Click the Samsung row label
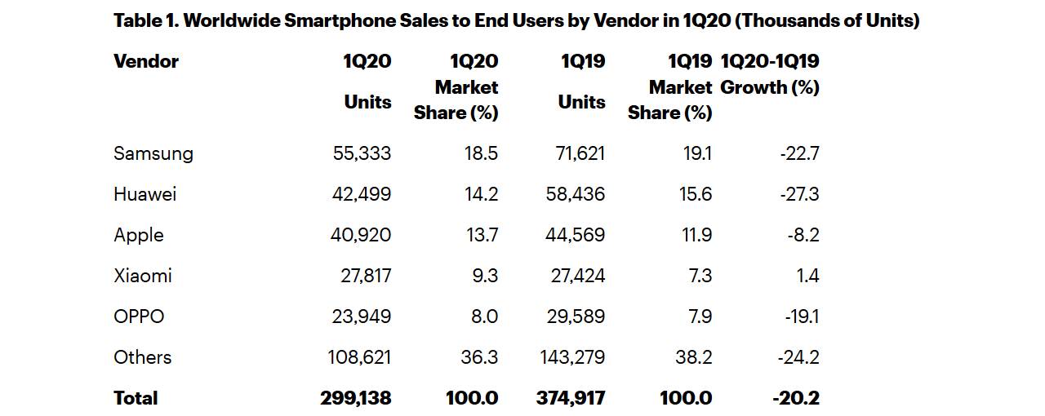coord(153,153)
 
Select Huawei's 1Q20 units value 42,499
coord(362,194)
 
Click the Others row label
coord(143,357)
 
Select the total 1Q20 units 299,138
coord(356,398)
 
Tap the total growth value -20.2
coord(795,398)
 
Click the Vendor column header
coord(146,61)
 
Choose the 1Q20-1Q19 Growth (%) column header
coord(770,74)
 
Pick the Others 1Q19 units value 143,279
coord(572,357)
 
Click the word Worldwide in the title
coord(230,21)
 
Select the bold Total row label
coord(136,398)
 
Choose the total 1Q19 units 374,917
coord(570,398)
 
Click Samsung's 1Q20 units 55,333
coord(362,153)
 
